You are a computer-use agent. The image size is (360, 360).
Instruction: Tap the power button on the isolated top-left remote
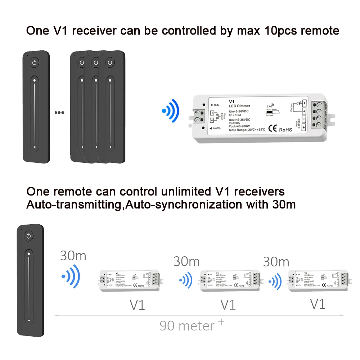click(34, 63)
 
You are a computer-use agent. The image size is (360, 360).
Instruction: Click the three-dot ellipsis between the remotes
click(59, 112)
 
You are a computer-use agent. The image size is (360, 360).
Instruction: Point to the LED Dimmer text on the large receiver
click(239, 105)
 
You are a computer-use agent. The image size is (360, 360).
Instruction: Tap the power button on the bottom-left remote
click(29, 236)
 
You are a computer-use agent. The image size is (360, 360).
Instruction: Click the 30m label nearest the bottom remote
click(73, 256)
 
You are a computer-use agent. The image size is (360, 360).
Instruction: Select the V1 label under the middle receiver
click(228, 305)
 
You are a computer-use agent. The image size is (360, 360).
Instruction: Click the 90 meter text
click(187, 326)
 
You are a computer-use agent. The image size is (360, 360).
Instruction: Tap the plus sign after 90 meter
click(221, 321)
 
